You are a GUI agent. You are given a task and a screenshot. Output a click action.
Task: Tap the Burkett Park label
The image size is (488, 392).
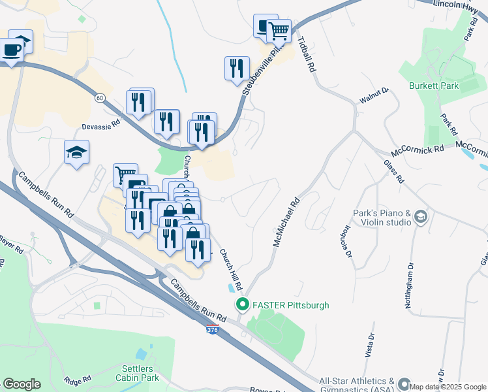tap(434, 86)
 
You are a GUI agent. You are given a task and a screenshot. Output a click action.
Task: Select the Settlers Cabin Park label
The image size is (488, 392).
tap(138, 372)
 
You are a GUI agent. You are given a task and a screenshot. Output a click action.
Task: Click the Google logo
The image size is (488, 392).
tap(22, 384)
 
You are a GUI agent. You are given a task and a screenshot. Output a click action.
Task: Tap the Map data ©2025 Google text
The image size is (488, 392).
tap(448, 387)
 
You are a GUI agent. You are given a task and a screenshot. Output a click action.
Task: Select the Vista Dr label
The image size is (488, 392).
tap(371, 344)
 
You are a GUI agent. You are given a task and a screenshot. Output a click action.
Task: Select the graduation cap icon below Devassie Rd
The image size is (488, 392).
tap(77, 152)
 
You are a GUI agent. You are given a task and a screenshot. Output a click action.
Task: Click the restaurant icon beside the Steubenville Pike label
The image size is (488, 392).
tap(237, 68)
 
